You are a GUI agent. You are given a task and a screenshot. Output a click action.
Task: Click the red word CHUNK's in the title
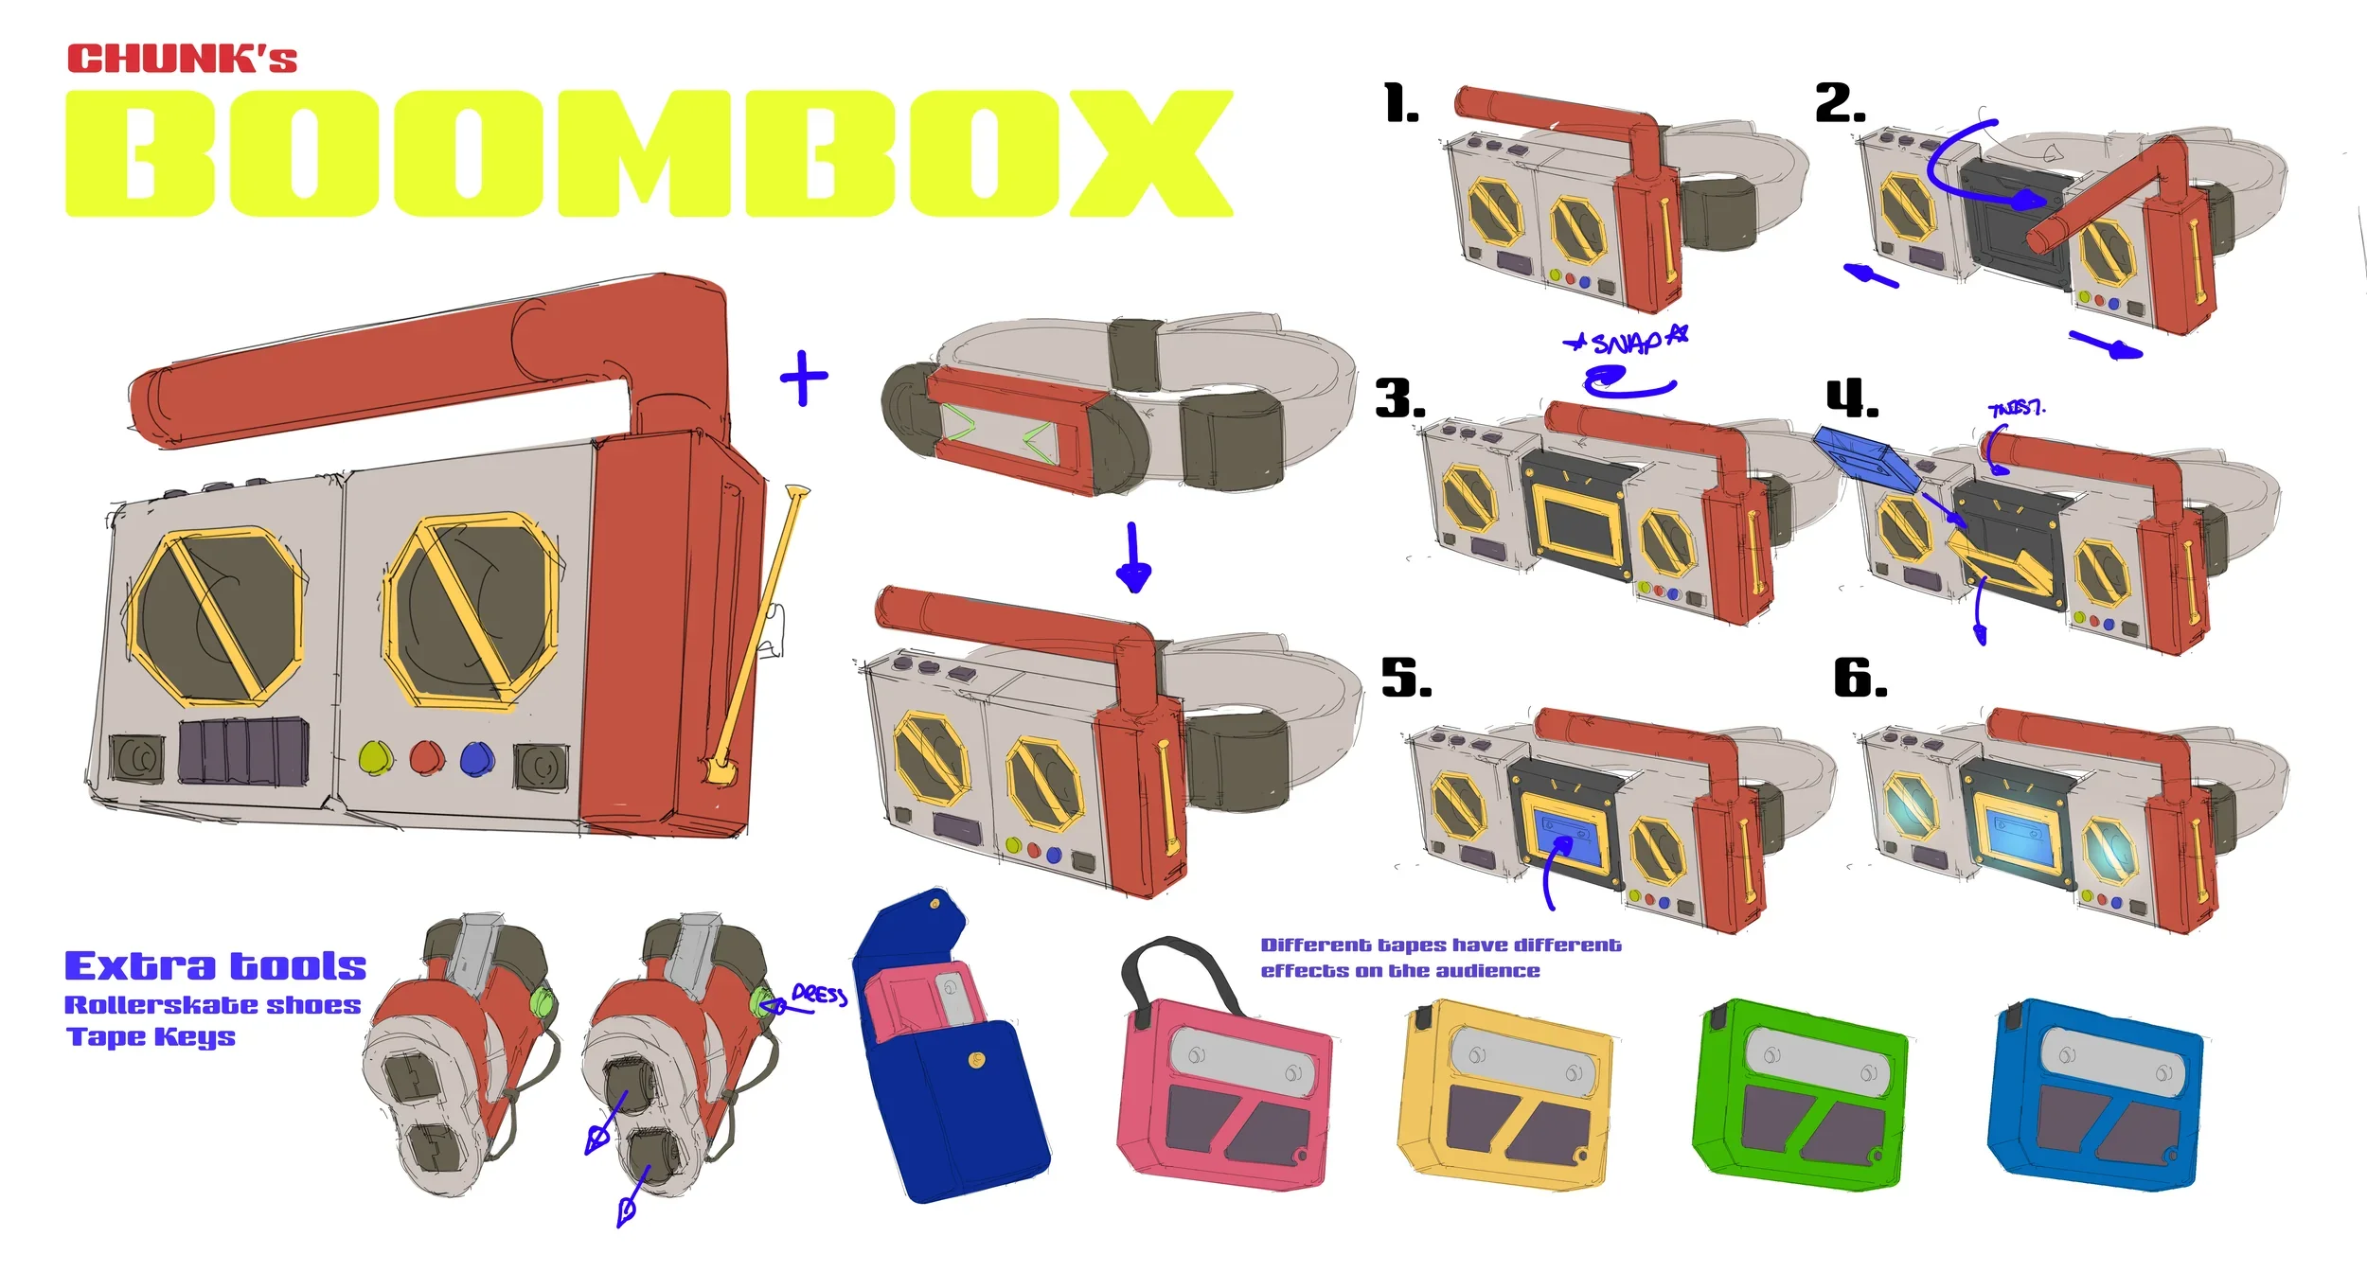coord(182,59)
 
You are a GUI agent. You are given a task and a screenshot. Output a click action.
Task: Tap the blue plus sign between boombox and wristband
coord(804,378)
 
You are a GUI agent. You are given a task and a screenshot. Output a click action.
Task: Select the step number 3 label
coord(1399,398)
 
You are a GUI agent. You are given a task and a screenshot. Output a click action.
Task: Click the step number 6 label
coord(1860,679)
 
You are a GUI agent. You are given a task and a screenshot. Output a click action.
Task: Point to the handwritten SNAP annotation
coord(1627,342)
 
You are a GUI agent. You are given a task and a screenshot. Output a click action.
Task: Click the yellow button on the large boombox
coord(376,757)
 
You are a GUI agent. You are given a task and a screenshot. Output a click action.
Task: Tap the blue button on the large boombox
coord(476,758)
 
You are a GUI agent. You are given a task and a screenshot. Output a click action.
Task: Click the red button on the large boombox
coord(426,757)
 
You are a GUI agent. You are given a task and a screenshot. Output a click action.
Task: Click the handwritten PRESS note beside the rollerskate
coord(819,994)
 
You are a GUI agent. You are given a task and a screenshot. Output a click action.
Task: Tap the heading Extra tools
coord(215,966)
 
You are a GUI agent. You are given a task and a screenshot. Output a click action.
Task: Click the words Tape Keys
coord(151,1037)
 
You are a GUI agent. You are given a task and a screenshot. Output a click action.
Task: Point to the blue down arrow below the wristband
coord(1132,558)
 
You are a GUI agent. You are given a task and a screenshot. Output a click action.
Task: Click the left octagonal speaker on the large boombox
coord(218,617)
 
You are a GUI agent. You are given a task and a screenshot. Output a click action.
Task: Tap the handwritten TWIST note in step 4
coord(2016,409)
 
